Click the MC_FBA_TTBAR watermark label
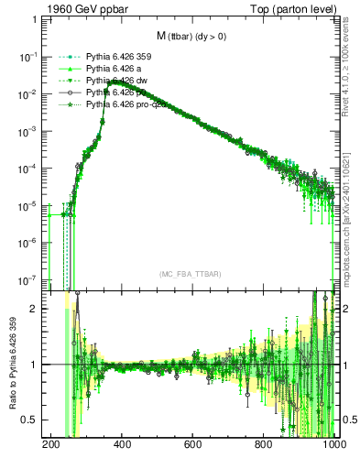(x=190, y=275)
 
